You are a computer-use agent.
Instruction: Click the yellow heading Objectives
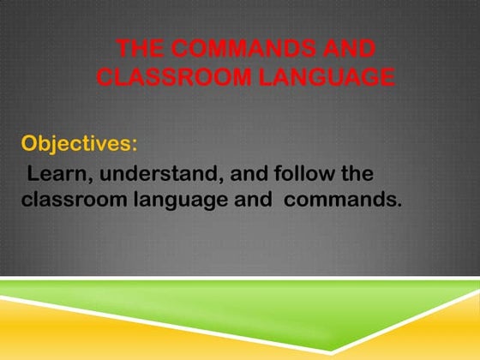click(x=75, y=141)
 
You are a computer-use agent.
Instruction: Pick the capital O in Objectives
click(x=30, y=141)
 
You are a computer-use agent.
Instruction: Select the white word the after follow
click(x=353, y=174)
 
